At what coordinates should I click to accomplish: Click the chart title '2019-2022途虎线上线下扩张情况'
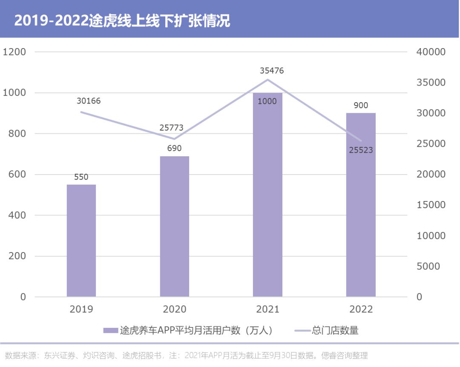point(122,20)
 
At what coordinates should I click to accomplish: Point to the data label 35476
point(272,71)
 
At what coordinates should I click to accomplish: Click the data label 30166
point(89,101)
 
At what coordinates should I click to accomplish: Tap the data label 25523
point(361,150)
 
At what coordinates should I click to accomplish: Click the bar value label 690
point(175,149)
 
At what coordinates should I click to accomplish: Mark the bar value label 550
point(81,177)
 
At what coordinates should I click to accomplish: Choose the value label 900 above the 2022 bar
point(361,106)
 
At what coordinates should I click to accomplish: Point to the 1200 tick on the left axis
point(14,52)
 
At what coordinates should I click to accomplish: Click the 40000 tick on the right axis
point(431,52)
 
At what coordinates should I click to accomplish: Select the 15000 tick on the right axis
point(431,205)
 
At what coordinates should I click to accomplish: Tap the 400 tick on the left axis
point(17,215)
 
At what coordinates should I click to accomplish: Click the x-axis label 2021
point(267,310)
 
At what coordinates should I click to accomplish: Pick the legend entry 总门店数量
point(335,330)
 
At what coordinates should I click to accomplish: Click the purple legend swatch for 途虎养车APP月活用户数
point(110,331)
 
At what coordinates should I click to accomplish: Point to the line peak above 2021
point(267,80)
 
